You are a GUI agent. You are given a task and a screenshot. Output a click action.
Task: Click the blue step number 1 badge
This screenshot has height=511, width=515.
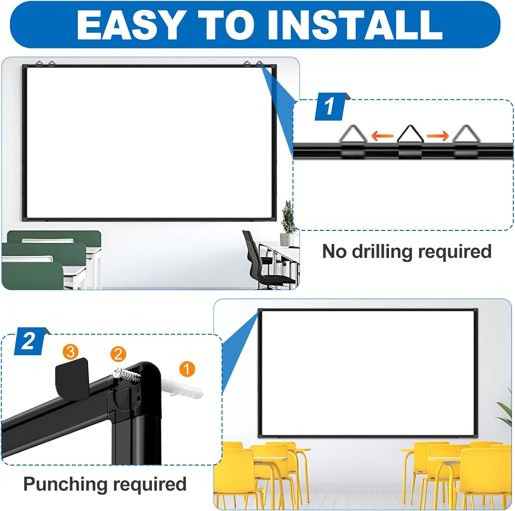click(x=330, y=107)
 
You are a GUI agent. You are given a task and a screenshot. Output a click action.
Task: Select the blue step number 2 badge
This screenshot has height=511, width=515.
click(x=29, y=341)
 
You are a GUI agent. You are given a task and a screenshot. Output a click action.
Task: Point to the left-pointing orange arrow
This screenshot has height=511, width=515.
click(x=382, y=136)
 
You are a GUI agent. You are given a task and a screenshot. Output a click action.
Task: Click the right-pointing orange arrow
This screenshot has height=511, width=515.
click(x=437, y=136)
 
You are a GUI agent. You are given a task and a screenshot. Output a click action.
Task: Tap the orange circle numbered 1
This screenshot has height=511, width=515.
click(x=187, y=369)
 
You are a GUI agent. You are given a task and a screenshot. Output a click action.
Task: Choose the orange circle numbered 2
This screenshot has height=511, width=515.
click(x=118, y=354)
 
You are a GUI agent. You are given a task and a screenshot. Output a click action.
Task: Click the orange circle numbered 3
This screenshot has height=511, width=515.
click(x=70, y=352)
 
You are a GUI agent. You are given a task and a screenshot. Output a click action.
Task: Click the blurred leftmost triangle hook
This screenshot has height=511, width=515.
click(x=353, y=135)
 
